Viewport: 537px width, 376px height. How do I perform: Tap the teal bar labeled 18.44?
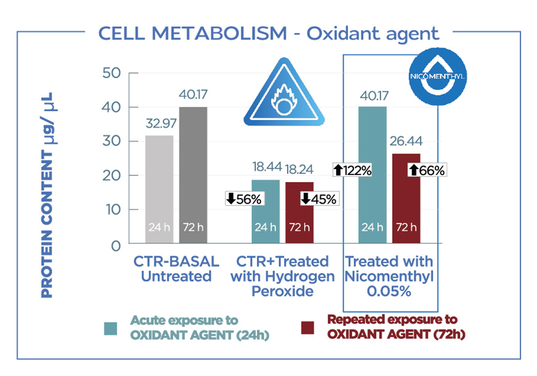(266, 211)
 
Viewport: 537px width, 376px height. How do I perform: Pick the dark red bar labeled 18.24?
(299, 213)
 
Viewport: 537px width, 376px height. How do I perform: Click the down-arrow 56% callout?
(245, 199)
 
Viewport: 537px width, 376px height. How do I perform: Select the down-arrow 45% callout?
(319, 199)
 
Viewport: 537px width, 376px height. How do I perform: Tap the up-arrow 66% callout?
(427, 170)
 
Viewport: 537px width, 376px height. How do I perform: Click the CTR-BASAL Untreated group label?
(176, 268)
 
